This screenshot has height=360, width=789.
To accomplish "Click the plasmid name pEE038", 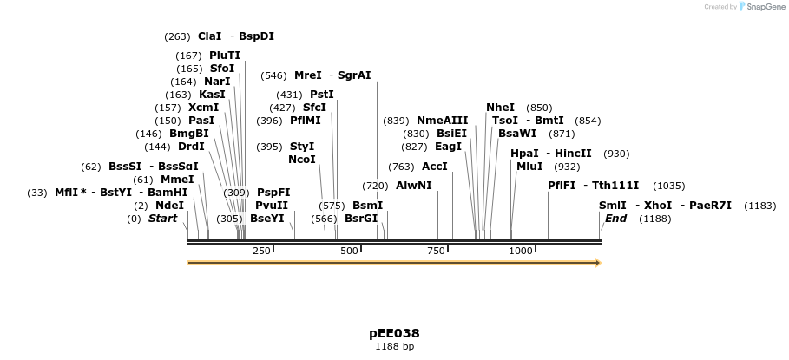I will pos(394,333).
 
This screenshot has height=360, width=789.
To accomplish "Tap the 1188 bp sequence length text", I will pos(394,346).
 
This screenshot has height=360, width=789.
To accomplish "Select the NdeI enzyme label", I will pos(170,206).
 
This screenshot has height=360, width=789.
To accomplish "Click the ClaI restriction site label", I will pos(210,36).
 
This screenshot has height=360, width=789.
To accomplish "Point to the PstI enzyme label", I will pos(322,95).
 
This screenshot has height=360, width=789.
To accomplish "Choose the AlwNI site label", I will pos(414,186).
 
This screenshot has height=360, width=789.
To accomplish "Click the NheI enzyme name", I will pos(500,108).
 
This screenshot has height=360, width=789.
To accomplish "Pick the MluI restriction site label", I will pos(529,167).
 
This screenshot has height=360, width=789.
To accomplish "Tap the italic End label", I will pos(616,219).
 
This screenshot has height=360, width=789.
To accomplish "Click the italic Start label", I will pos(162,219).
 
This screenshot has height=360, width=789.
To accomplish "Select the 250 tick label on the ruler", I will pos(261,251).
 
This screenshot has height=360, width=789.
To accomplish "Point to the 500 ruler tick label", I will pos(349,251).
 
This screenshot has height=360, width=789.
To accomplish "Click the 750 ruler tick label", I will pos(436,251).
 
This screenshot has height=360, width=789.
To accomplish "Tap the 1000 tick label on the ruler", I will pos(521,251).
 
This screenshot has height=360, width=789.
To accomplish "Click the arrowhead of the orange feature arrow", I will pos(597,263).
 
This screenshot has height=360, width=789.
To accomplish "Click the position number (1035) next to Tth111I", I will pos(668,186).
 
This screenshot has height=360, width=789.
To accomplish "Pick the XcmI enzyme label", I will pos(203,108).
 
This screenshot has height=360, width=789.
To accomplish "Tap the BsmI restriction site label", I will pos(367,206).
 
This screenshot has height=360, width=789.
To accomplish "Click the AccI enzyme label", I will pos(435,167).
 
